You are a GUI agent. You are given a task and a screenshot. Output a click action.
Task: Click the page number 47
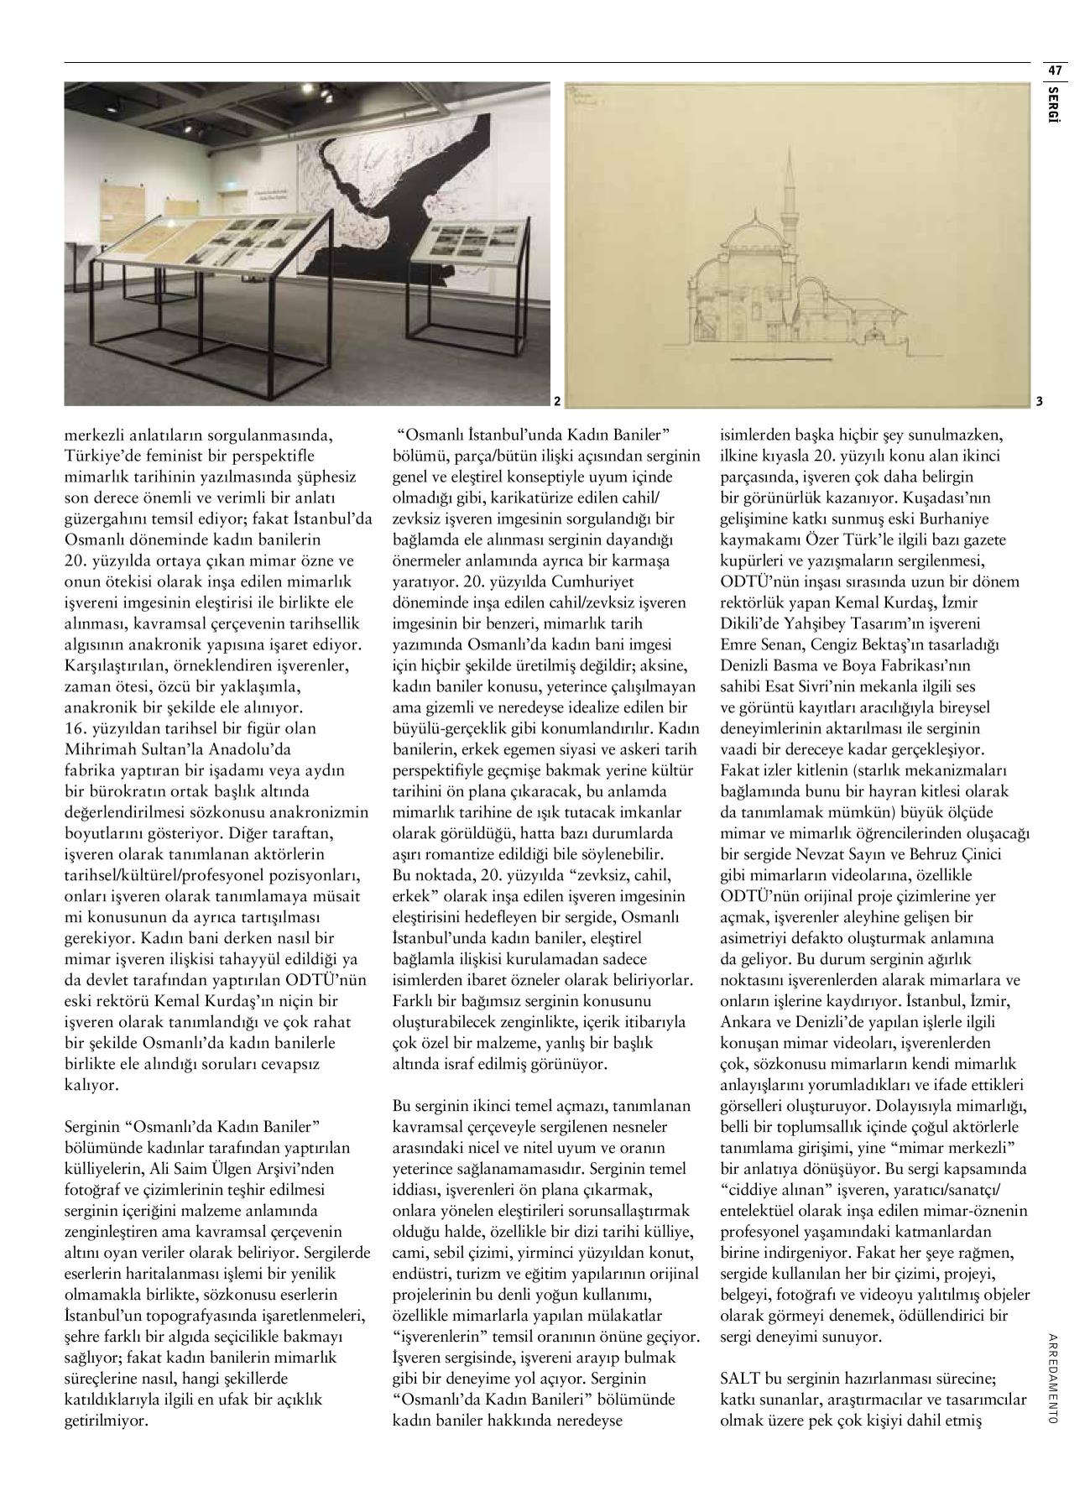[1055, 70]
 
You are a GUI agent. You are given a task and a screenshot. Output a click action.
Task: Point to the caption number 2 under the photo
[555, 401]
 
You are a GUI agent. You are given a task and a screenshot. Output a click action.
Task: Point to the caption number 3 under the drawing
[1038, 401]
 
